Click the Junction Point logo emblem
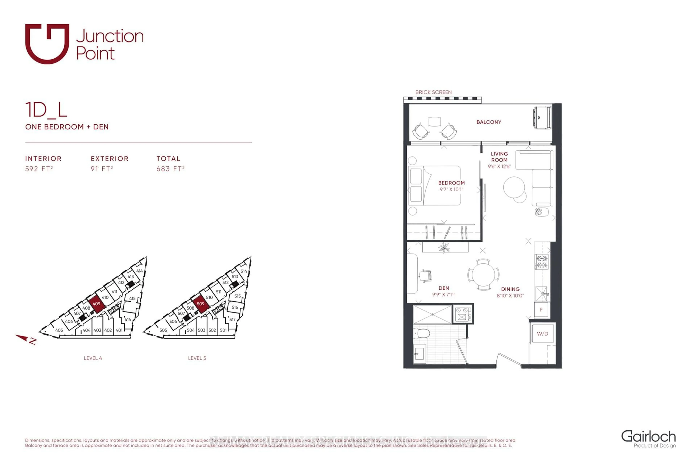pyautogui.click(x=47, y=44)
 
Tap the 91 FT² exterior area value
pyautogui.click(x=102, y=169)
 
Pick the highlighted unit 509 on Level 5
pyautogui.click(x=201, y=304)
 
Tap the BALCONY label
pyautogui.click(x=489, y=122)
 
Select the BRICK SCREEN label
pyautogui.click(x=433, y=93)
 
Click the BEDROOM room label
pyautogui.click(x=451, y=183)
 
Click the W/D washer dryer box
pyautogui.click(x=542, y=334)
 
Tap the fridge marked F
pyautogui.click(x=541, y=310)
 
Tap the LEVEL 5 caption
pyautogui.click(x=197, y=358)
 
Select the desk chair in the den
pyautogui.click(x=426, y=276)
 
